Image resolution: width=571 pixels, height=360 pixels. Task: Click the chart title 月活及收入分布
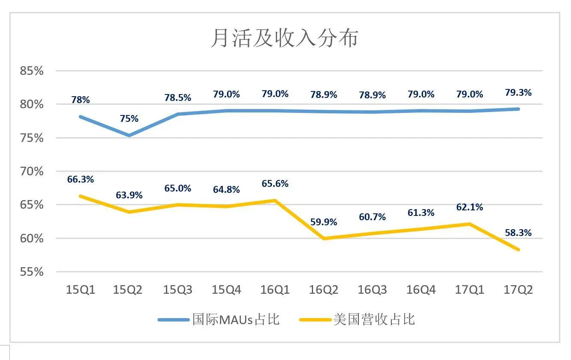pos(284,38)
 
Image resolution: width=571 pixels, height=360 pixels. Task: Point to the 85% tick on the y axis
pos(32,71)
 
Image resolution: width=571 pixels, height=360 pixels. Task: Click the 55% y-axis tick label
pos(32,272)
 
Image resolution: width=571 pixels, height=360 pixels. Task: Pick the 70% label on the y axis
pos(32,171)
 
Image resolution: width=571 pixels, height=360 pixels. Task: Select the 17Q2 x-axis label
pos(519,290)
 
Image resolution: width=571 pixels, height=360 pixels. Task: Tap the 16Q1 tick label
pos(275,290)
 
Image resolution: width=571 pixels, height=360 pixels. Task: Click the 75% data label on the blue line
pos(129,119)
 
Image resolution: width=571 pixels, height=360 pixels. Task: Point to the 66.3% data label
pos(80,180)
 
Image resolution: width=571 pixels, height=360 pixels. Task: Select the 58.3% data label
pos(518,233)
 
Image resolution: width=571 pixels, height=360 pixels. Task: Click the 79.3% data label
pos(518,92)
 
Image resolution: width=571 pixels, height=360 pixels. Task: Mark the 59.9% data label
pos(323,222)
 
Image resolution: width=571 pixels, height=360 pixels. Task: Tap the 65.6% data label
pos(275,184)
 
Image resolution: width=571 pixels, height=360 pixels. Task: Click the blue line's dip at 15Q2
pos(129,136)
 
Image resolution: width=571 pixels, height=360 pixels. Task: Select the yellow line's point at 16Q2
pos(324,239)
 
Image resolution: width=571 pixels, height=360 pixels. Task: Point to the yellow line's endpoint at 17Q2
pos(519,250)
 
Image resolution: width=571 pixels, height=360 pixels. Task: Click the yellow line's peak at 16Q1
pos(275,200)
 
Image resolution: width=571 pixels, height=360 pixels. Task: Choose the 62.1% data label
pos(470,207)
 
